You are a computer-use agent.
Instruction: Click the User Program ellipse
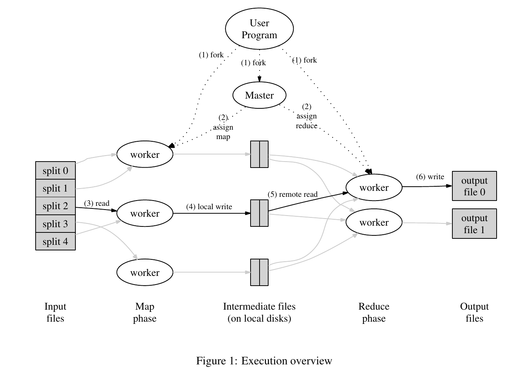tap(259, 29)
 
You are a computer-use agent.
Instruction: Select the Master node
tap(259, 95)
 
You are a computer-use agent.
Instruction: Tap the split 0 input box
tap(56, 171)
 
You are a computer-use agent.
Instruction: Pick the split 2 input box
tap(56, 206)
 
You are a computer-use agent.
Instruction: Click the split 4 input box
tap(56, 241)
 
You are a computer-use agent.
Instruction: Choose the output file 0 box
tap(474, 186)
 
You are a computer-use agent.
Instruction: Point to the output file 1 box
tap(474, 224)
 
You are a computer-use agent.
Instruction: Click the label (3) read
tap(97, 204)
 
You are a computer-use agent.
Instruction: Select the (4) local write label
tap(209, 207)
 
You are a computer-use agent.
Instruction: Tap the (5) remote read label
tap(293, 195)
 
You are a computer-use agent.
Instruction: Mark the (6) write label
tap(430, 177)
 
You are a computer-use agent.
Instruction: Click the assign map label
tap(223, 127)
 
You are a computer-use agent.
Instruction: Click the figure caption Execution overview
tap(264, 361)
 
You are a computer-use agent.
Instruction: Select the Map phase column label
tap(145, 313)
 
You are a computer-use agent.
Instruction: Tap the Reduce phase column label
tap(374, 313)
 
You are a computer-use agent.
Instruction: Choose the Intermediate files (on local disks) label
tap(259, 313)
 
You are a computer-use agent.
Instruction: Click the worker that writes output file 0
tap(374, 188)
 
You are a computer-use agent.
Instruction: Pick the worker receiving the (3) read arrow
tap(145, 214)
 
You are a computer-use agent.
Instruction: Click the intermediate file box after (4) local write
tap(259, 213)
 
